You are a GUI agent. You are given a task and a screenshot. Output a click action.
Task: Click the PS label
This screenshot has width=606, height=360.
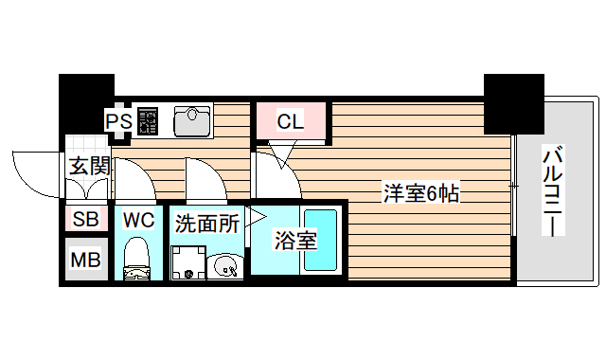click(118, 121)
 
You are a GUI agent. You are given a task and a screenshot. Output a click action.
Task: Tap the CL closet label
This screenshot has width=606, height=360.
click(290, 120)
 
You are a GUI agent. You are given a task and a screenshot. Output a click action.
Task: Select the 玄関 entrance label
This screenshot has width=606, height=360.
click(88, 166)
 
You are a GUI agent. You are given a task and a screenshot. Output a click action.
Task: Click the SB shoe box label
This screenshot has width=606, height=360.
click(85, 220)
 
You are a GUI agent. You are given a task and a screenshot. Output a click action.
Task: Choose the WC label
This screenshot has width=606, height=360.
click(138, 220)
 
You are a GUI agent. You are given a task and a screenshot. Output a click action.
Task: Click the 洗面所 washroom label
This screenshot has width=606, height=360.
click(205, 224)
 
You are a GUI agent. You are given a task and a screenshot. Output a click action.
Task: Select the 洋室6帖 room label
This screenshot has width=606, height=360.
click(421, 193)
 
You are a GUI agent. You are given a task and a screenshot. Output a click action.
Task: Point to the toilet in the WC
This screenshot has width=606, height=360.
click(138, 258)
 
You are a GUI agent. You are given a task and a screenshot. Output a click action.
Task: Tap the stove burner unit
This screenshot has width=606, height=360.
click(149, 120)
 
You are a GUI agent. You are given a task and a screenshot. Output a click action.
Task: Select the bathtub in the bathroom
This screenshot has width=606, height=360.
click(316, 241)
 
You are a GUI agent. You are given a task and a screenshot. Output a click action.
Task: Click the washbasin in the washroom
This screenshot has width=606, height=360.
click(225, 265)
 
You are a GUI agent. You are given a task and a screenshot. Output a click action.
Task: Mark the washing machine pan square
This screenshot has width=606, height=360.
click(187, 263)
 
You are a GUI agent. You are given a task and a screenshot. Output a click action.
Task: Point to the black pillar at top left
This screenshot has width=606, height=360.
click(86, 96)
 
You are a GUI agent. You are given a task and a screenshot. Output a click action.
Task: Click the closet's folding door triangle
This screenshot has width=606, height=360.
click(281, 152)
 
